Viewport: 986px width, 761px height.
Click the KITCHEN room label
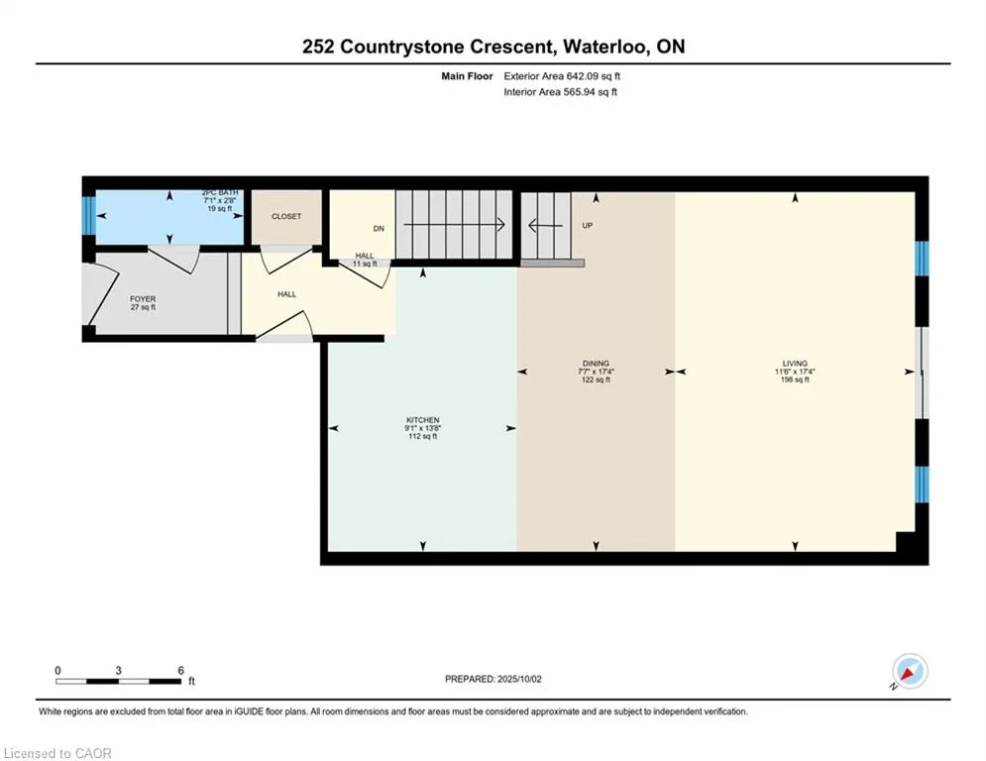(x=422, y=420)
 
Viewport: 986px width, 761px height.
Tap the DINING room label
(x=596, y=363)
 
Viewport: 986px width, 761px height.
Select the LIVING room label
(x=795, y=363)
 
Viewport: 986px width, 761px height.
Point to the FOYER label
(x=143, y=299)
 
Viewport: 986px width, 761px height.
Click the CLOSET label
(x=286, y=216)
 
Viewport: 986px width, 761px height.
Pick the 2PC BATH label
(x=220, y=192)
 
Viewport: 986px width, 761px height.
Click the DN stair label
(x=379, y=228)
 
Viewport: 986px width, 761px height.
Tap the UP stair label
(x=588, y=225)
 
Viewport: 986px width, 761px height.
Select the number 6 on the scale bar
(x=180, y=671)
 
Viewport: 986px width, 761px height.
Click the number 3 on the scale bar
(x=118, y=671)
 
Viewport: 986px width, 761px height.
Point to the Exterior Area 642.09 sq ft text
(x=562, y=76)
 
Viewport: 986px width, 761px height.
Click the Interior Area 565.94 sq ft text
(x=560, y=92)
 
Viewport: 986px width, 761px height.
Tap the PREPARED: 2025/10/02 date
(x=493, y=679)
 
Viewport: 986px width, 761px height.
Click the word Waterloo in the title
(x=604, y=47)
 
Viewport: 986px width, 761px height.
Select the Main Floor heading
(x=467, y=76)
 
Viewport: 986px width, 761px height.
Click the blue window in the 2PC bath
(x=88, y=216)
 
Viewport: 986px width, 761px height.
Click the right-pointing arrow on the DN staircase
(x=454, y=225)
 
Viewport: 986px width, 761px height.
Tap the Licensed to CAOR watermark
(x=57, y=753)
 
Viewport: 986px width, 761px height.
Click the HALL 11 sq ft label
(x=365, y=260)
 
